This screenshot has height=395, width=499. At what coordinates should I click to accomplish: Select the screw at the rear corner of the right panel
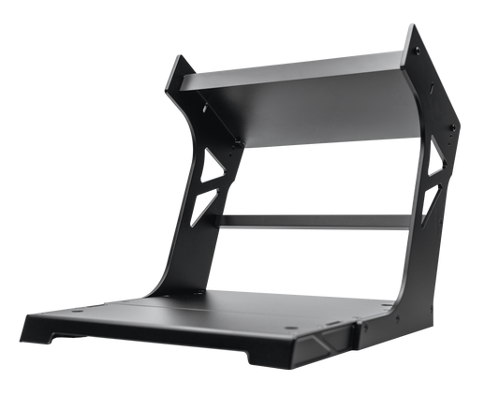pos(455,127)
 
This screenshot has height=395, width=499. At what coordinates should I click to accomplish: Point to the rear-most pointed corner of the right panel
pos(461,120)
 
